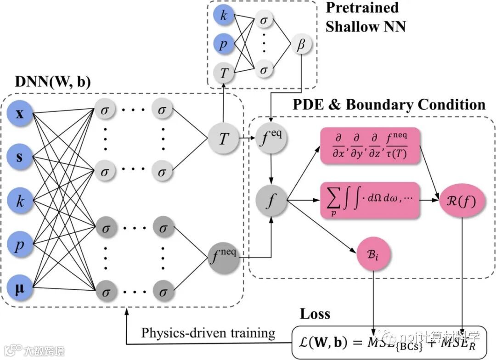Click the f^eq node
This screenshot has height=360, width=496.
pyautogui.click(x=271, y=137)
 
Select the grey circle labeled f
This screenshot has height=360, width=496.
pyautogui.click(x=272, y=200)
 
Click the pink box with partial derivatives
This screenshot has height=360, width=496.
pyautogui.click(x=371, y=146)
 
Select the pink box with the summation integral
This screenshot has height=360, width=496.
pyautogui.click(x=371, y=200)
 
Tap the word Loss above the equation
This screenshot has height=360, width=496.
pyautogui.click(x=315, y=314)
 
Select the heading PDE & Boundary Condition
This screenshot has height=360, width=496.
pyautogui.click(x=389, y=105)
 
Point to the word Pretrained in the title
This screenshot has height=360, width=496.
pyautogui.click(x=362, y=8)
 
